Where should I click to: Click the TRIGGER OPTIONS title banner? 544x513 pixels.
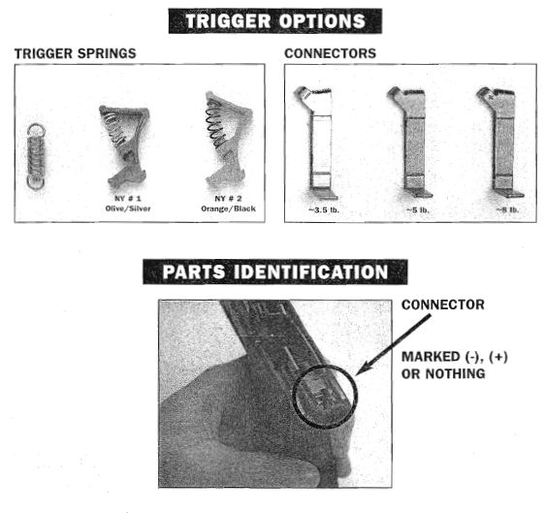pyautogui.click(x=275, y=20)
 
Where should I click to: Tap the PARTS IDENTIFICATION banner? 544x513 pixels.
pyautogui.click(x=275, y=272)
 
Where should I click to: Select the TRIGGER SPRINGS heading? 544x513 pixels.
pyautogui.click(x=76, y=53)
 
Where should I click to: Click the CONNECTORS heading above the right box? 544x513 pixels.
pyautogui.click(x=331, y=53)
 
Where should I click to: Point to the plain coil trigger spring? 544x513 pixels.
pyautogui.click(x=36, y=156)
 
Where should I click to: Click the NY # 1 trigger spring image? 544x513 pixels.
pyautogui.click(x=126, y=145)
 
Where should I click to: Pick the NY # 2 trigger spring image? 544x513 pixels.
pyautogui.click(x=228, y=140)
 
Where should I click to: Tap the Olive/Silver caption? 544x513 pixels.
pyautogui.click(x=128, y=208)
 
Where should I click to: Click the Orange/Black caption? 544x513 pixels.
pyautogui.click(x=228, y=208)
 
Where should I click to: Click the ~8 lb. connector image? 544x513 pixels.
pyautogui.click(x=502, y=143)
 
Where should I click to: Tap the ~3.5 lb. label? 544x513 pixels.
pyautogui.click(x=324, y=209)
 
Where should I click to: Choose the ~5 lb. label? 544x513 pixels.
pyautogui.click(x=418, y=209)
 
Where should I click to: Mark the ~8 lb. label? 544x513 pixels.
pyautogui.click(x=507, y=209)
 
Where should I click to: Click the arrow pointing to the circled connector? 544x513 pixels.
pyautogui.click(x=393, y=345)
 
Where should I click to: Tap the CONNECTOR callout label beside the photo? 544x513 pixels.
pyautogui.click(x=443, y=305)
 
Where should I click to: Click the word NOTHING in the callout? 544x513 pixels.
pyautogui.click(x=455, y=373)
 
